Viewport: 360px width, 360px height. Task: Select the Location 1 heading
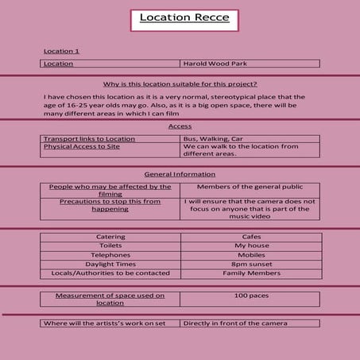click(62, 51)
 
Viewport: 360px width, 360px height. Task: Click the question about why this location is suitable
click(180, 84)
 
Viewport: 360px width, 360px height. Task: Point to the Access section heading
click(180, 126)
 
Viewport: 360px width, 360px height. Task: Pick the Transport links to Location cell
click(89, 139)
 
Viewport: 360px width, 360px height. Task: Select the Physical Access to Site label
click(82, 147)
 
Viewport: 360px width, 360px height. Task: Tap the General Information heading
click(180, 174)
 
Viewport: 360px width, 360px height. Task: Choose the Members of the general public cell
click(250, 187)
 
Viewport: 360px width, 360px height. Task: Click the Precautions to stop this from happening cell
click(110, 207)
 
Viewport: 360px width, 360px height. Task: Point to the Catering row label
click(110, 237)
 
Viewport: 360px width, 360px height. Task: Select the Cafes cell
click(250, 237)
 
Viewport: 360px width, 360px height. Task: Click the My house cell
click(250, 246)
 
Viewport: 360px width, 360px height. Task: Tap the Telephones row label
click(110, 255)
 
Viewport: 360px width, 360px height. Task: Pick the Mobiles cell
click(250, 255)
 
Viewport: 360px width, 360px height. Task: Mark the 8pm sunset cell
click(250, 265)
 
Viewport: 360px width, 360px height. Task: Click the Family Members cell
click(250, 273)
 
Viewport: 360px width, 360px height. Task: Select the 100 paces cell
click(250, 296)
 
